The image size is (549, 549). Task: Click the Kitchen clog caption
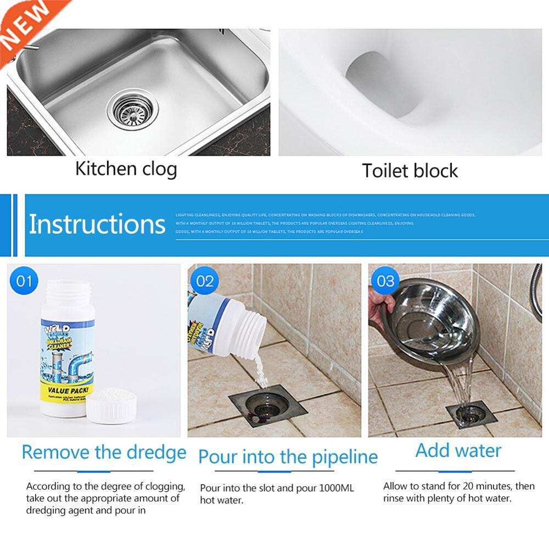[x=126, y=169]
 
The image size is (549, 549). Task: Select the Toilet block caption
[x=410, y=171]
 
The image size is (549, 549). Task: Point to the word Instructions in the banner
[x=97, y=224]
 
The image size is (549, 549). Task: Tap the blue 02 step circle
[x=204, y=282]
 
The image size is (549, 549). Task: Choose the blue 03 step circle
[x=385, y=282]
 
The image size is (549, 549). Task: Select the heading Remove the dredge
[x=104, y=453]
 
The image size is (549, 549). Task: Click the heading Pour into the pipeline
[x=288, y=457]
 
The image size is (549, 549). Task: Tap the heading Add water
[x=458, y=451]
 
